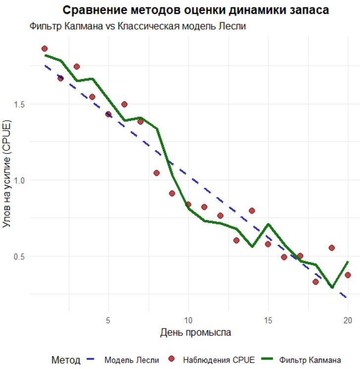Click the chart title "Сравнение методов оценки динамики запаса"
coord(196,10)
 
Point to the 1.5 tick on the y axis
coord(20,104)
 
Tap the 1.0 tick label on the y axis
coord(20,181)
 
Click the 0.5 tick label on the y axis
coord(20,257)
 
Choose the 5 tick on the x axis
coord(108,320)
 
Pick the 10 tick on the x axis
coord(188,320)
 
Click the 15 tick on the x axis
coord(268,320)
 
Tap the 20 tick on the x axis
coord(348,320)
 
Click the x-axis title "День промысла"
coord(196,333)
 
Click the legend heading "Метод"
coord(66,360)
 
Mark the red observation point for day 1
coord(45,48)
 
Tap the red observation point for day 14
coord(252,211)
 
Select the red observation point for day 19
coord(332,248)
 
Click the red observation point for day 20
coord(348,275)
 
